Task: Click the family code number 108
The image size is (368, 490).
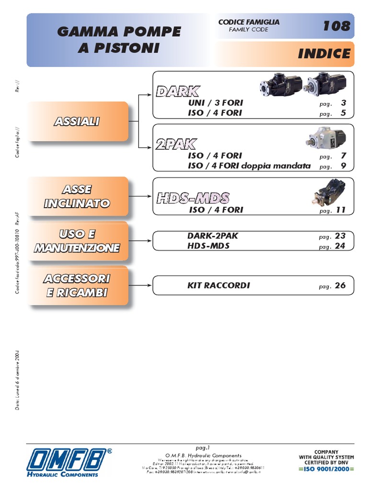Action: (336, 26)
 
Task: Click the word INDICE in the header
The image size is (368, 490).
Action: (324, 54)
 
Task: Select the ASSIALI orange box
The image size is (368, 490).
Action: (78, 122)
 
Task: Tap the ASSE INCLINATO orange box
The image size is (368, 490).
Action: (78, 197)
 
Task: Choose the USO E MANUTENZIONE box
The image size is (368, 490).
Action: (78, 241)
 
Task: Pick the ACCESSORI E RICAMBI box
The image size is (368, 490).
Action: (78, 286)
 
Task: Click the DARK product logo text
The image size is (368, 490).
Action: (178, 91)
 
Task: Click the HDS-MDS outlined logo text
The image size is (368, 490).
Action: (193, 198)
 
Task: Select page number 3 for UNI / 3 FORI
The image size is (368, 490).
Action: (343, 103)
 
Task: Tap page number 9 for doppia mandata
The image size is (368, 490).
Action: (343, 166)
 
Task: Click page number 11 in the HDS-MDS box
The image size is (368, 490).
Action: (341, 210)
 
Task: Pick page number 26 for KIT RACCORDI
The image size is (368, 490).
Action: (340, 286)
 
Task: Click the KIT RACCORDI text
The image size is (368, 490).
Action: (218, 286)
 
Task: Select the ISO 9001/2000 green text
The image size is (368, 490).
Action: (326, 468)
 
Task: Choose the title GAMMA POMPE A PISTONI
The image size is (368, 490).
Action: (119, 40)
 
